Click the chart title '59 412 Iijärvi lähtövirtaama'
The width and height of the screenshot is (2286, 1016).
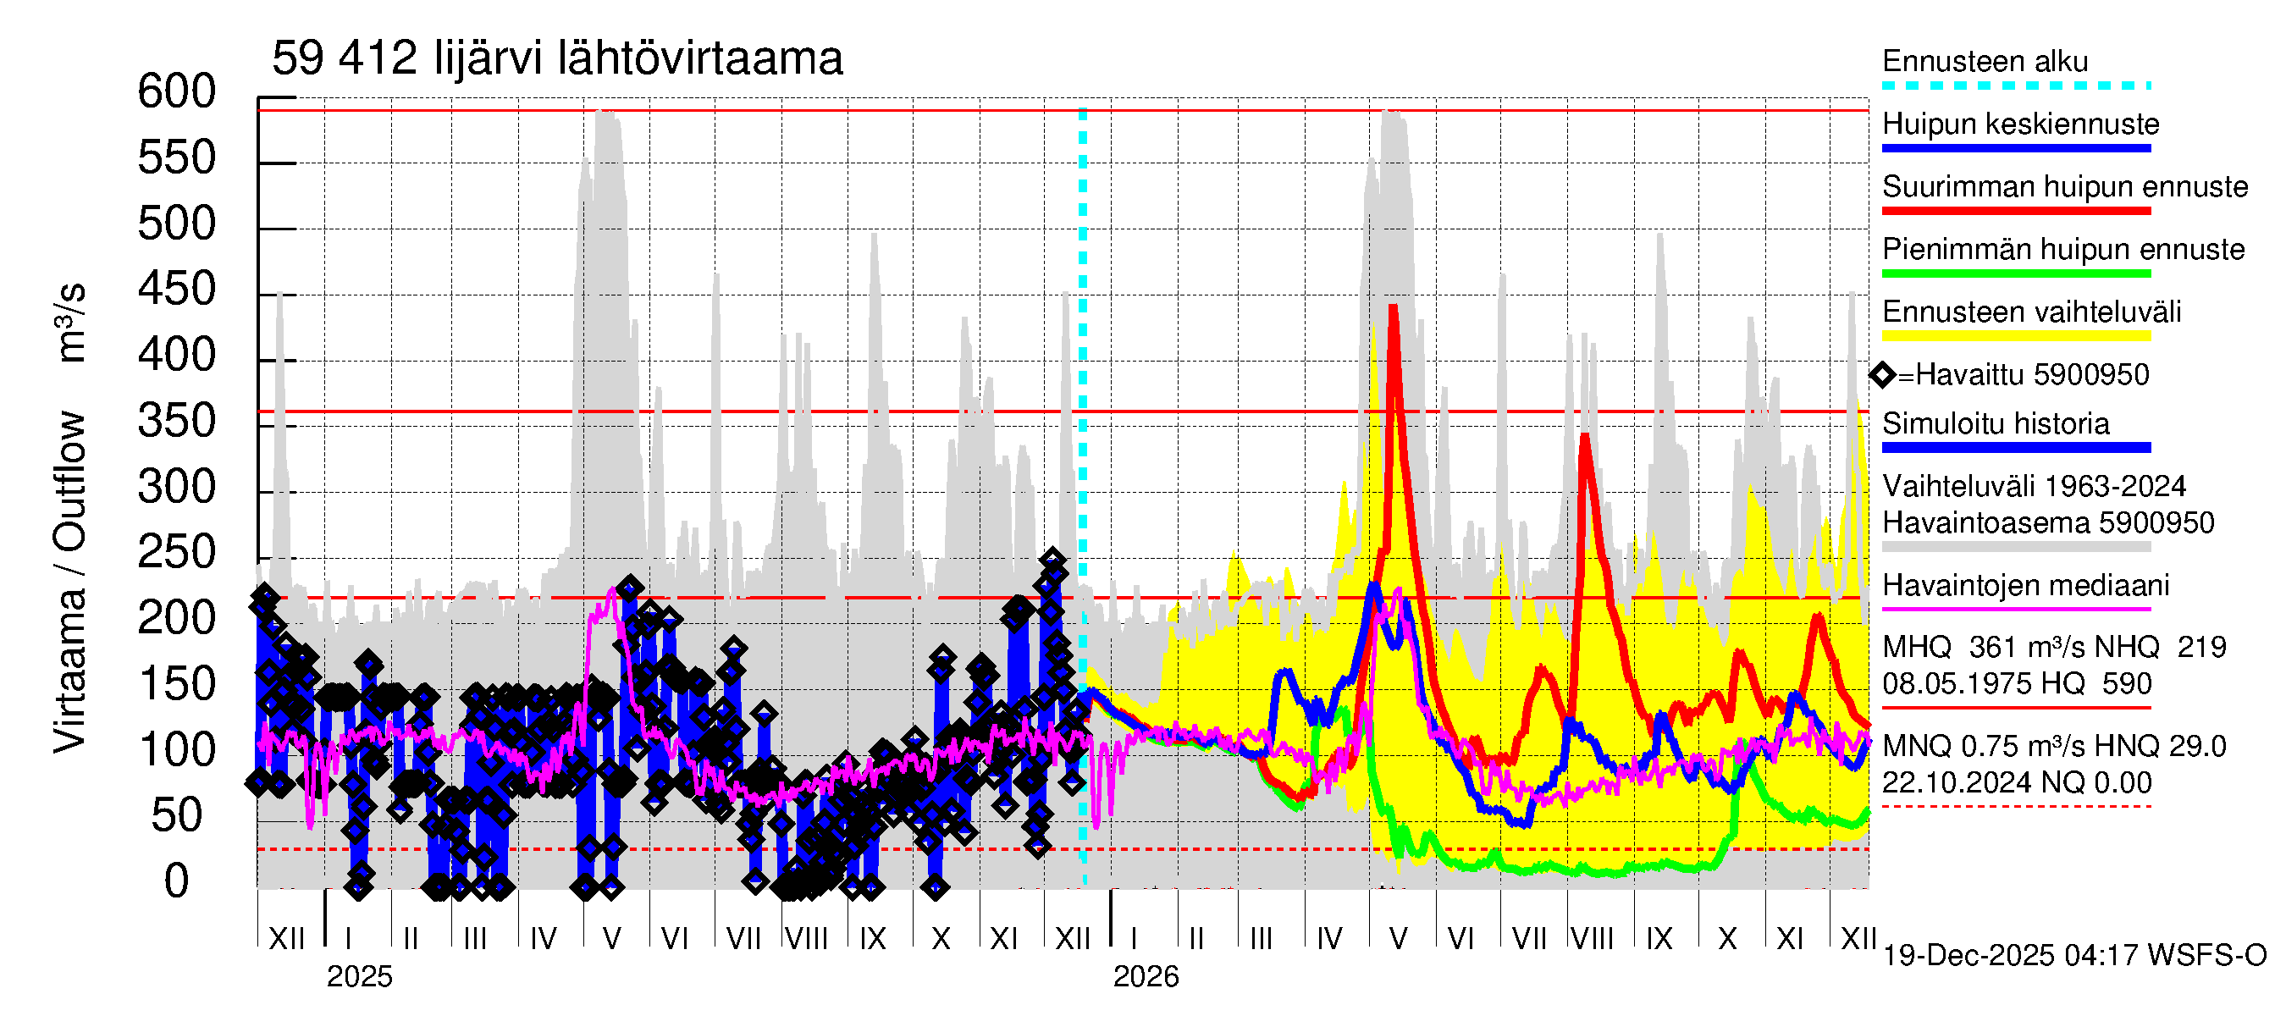coord(556,59)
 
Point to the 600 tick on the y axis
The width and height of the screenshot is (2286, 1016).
coord(177,92)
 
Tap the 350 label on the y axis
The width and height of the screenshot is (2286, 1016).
coord(177,422)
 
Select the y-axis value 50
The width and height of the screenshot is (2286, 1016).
coord(177,816)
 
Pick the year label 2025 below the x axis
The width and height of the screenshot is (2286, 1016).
coord(359,977)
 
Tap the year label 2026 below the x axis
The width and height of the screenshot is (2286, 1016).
coord(1146,977)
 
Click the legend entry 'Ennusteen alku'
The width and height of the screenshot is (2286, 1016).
coord(1985,62)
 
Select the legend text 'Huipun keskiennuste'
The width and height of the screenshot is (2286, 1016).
coord(2021,124)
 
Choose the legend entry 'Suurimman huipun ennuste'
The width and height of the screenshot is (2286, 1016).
coord(2064,187)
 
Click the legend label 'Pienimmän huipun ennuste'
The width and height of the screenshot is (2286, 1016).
coord(2062,249)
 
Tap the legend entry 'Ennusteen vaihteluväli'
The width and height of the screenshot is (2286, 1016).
coord(2031,312)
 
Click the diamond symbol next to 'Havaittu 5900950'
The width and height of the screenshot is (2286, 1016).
coord(1882,375)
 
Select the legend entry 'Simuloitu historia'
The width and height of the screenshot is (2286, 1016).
coord(1995,424)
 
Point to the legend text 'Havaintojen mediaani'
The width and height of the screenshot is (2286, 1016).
coord(2025,586)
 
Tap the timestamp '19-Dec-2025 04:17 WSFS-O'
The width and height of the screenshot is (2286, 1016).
coord(2073,956)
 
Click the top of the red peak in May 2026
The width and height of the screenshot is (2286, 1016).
coord(1394,307)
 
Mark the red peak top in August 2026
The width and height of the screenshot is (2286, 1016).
coord(1585,436)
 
